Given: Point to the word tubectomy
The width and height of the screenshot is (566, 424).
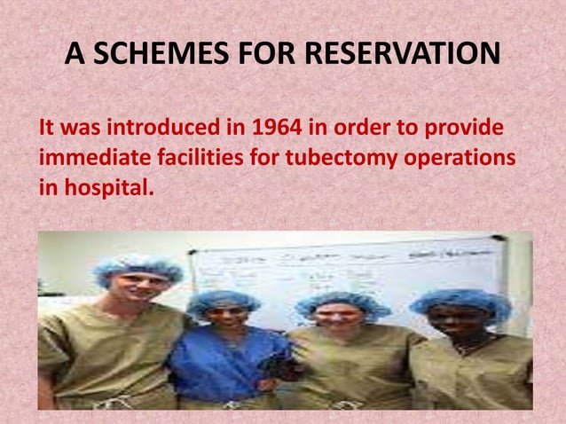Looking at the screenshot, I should (x=345, y=161).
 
